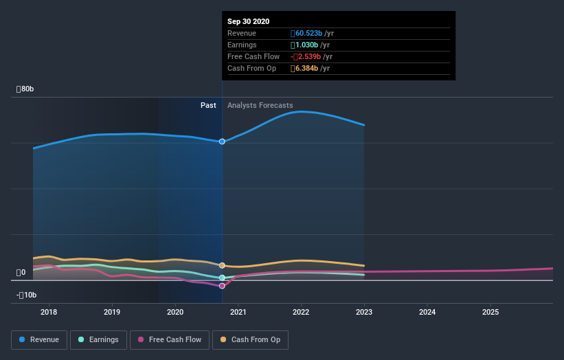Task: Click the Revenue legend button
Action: click(40, 339)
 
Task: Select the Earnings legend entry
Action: click(98, 339)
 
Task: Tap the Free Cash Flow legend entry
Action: click(169, 339)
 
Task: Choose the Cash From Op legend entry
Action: click(250, 339)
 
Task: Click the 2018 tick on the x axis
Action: click(49, 312)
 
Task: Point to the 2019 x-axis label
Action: click(112, 312)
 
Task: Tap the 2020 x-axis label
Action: click(175, 312)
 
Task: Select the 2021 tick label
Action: click(238, 312)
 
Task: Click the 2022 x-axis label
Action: click(301, 312)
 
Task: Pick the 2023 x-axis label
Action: click(364, 312)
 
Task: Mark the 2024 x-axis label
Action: click(427, 312)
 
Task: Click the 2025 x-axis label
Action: click(490, 312)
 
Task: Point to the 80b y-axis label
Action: click(26, 89)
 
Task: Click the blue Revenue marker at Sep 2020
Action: click(222, 142)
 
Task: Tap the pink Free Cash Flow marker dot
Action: click(222, 286)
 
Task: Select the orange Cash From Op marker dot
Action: click(222, 265)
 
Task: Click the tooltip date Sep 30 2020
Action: click(249, 21)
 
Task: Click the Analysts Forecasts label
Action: click(260, 106)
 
